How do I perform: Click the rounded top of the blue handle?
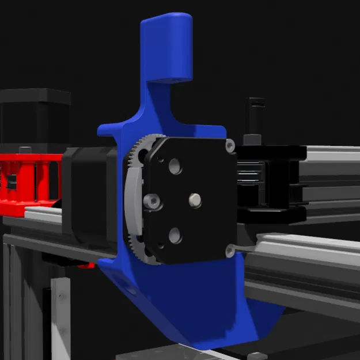pos(166,23)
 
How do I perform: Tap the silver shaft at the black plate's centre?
pos(196,199)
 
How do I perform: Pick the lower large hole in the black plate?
pos(175,235)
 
